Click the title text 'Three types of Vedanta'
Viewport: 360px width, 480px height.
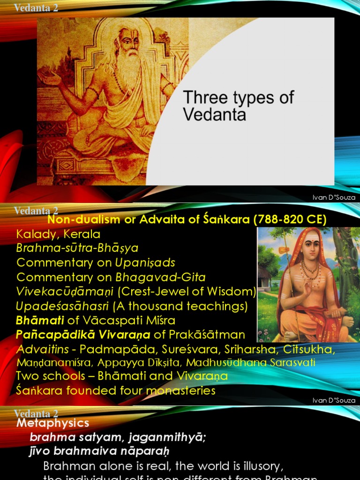click(238, 106)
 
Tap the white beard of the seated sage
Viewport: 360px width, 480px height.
click(127, 70)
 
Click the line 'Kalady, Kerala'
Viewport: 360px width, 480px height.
click(58, 234)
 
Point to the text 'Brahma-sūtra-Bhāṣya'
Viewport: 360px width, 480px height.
click(77, 248)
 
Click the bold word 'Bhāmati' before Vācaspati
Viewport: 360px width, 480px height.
click(35, 321)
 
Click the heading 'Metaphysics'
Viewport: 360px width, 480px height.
click(52, 423)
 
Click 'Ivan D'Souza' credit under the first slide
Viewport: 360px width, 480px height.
click(334, 197)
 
